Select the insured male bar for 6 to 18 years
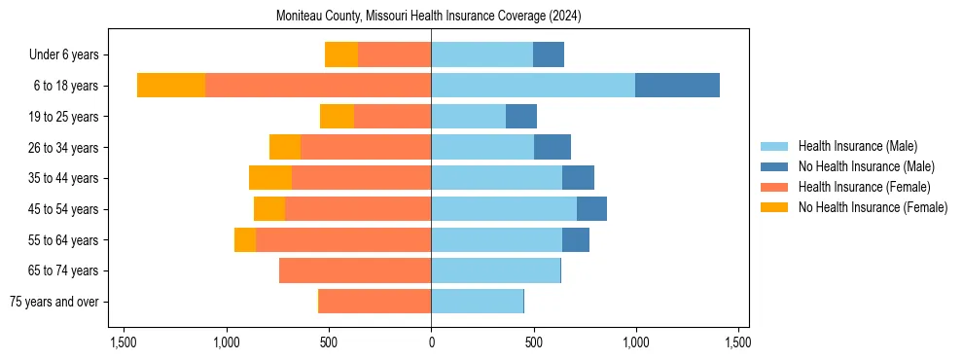[x=533, y=86]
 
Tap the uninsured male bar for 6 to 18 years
[x=677, y=86]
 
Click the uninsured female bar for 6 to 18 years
[x=171, y=86]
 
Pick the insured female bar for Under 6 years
[x=394, y=54]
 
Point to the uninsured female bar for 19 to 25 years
[x=337, y=117]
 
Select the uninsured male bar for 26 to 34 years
[x=553, y=147]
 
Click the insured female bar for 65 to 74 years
[x=355, y=270]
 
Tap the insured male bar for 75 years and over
[x=477, y=302]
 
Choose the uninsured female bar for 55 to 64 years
[x=245, y=239]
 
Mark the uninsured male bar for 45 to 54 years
[x=591, y=209]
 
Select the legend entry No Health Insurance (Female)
[x=873, y=207]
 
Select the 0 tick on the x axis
[x=431, y=342]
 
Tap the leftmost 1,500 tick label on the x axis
[x=124, y=342]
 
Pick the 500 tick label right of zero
[x=533, y=342]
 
